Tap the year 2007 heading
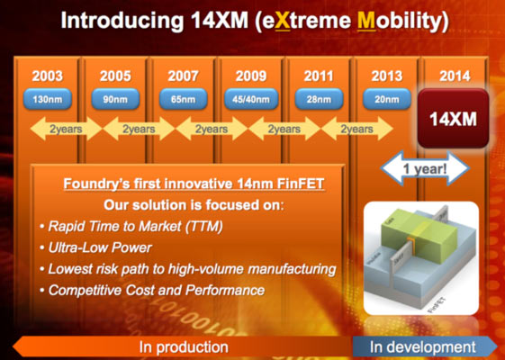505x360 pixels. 183,76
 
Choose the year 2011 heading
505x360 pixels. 320,76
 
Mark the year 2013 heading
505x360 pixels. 388,76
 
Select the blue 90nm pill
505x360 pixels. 114,98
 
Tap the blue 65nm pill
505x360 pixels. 183,98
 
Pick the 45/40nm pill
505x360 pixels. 251,98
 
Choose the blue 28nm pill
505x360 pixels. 320,98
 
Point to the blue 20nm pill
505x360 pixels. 388,98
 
